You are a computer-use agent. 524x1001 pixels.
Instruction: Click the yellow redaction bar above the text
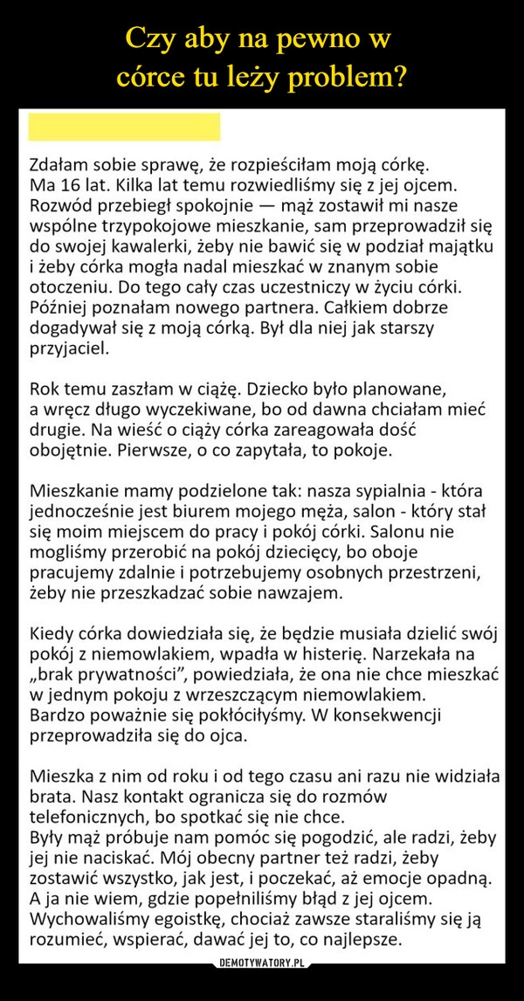pos(124,128)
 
